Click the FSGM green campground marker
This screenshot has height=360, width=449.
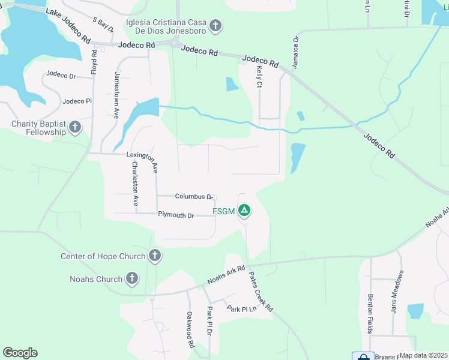click(244, 211)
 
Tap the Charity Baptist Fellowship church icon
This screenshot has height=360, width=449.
click(75, 127)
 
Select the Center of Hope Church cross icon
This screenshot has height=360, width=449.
click(154, 256)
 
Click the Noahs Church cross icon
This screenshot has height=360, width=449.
click(131, 278)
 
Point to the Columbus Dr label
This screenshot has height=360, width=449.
click(194, 197)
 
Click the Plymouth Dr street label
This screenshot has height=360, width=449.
click(176, 215)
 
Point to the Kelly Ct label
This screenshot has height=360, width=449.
click(259, 77)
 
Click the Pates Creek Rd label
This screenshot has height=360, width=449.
click(261, 291)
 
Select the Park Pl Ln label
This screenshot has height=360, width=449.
click(241, 308)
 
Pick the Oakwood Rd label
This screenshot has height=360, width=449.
click(190, 330)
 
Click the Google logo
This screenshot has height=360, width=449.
click(20, 353)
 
